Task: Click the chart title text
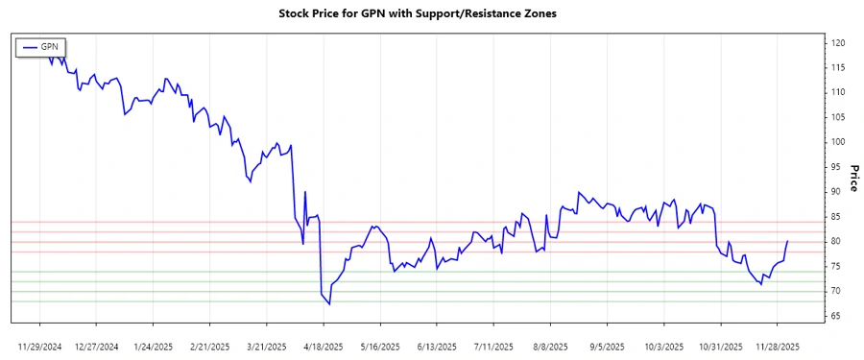pyautogui.click(x=417, y=13)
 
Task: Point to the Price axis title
pyautogui.click(x=853, y=178)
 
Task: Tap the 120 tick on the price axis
pyautogui.click(x=838, y=43)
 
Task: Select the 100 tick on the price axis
pyautogui.click(x=838, y=142)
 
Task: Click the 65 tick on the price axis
pyautogui.click(x=837, y=316)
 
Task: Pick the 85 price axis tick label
pyautogui.click(x=837, y=217)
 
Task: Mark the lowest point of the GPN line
pyautogui.click(x=329, y=304)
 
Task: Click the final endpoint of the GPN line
pyautogui.click(x=787, y=241)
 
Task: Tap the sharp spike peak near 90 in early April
pyautogui.click(x=305, y=191)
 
